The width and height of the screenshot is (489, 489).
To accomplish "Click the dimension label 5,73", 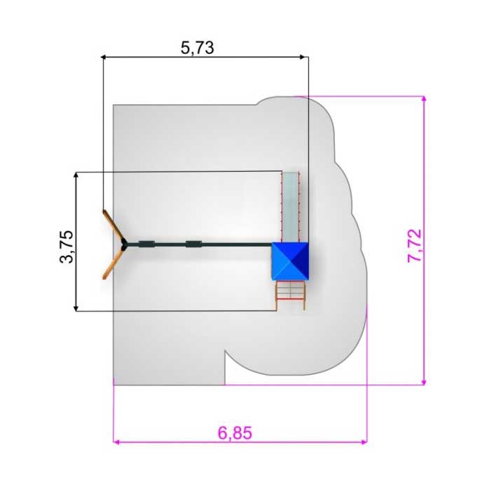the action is tap(197, 48).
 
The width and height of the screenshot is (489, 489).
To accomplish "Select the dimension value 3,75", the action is tap(67, 247).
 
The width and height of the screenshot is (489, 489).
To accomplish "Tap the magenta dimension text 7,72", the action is tap(415, 246).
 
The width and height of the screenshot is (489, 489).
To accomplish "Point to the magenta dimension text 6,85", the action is tap(235, 433).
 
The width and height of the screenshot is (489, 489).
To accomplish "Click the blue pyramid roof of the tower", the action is tap(290, 261).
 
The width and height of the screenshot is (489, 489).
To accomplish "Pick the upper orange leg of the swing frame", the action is tap(113, 226).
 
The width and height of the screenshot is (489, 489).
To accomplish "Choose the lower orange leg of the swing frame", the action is tap(113, 264).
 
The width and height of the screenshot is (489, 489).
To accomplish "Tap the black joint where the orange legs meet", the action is tap(124, 245).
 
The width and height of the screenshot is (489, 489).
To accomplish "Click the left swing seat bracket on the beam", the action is tap(147, 245).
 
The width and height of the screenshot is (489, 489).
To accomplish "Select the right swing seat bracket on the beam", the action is tap(193, 244).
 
